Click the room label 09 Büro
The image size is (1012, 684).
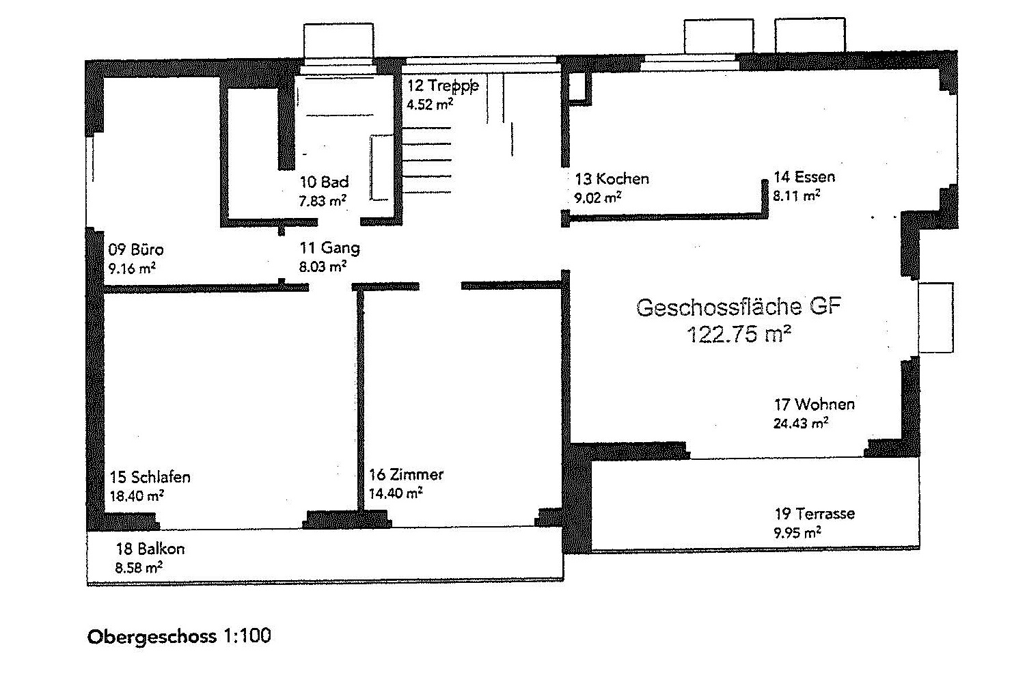click(x=135, y=249)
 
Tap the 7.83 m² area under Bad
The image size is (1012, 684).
click(x=323, y=201)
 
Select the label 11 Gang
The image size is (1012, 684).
click(x=330, y=248)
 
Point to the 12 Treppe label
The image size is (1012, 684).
click(x=443, y=85)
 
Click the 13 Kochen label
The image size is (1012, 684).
click(x=612, y=179)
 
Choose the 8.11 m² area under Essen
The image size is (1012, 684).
click(x=797, y=195)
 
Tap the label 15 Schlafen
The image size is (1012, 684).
click(x=150, y=477)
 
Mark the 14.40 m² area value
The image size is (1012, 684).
click(x=396, y=493)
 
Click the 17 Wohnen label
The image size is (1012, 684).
click(x=814, y=405)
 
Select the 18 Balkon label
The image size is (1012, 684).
click(x=150, y=549)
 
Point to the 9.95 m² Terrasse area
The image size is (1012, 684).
click(x=797, y=533)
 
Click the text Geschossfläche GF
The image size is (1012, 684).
click(x=739, y=307)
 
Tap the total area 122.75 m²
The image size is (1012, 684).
click(x=739, y=335)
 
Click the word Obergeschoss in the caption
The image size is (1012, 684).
click(x=152, y=637)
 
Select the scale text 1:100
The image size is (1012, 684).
click(x=247, y=635)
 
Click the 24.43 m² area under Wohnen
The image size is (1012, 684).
click(x=801, y=424)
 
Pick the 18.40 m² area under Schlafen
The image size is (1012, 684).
click(x=137, y=496)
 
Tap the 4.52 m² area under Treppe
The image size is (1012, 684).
click(x=430, y=105)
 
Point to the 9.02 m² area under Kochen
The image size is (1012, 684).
click(x=598, y=198)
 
